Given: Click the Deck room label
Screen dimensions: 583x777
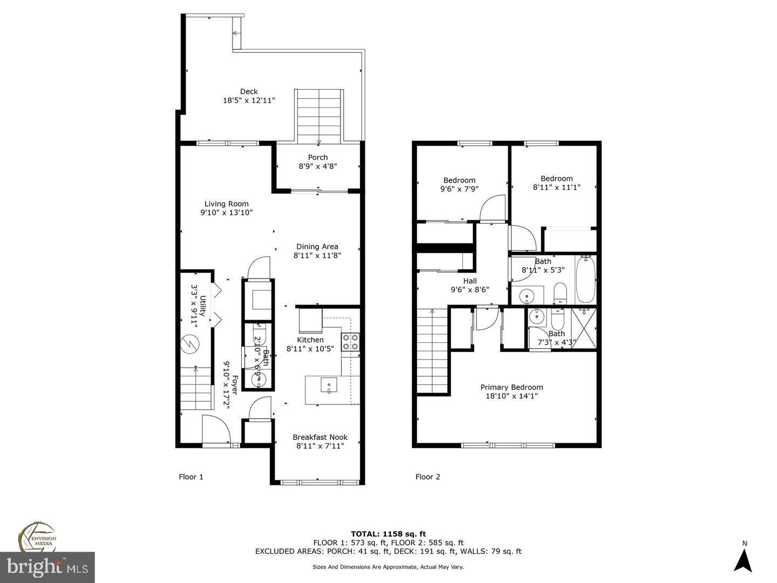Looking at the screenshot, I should coord(249,92).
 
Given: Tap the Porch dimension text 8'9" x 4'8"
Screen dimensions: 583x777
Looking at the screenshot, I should coord(318,166).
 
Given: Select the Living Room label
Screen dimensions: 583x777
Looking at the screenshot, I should coord(226,204).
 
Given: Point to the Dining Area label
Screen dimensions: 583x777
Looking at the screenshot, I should coord(317,247).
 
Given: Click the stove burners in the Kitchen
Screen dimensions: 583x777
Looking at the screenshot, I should coord(350,342).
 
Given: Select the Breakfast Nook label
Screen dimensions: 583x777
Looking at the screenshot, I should coord(320,437).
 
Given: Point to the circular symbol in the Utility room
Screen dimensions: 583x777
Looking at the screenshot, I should coord(189,344).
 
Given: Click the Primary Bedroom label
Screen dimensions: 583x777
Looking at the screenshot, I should coord(512,387).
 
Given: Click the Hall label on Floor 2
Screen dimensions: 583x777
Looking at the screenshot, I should coord(469,281).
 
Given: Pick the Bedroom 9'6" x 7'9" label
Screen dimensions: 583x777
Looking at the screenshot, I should coord(459,180).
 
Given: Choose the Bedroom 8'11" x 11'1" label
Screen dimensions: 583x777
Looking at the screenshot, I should coord(556,179).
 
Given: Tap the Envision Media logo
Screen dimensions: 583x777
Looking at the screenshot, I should coord(38,537).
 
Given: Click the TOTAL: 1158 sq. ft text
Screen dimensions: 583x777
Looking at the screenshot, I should coord(388,534).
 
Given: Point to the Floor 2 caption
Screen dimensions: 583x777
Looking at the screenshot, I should coord(427,477).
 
